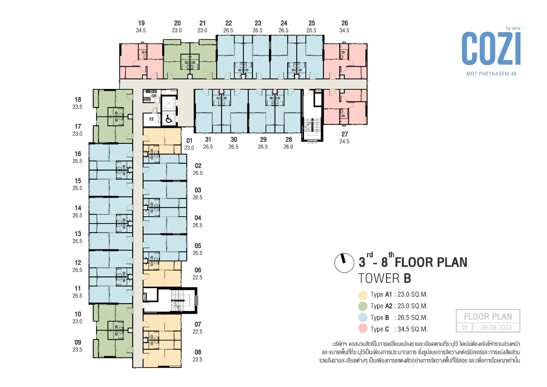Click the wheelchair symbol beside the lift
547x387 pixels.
[169, 119]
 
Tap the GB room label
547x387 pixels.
[154, 96]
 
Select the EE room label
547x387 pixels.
[152, 119]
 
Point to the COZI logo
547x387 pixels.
[491, 49]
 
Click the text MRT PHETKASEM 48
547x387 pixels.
[491, 74]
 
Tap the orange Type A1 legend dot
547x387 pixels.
[363, 295]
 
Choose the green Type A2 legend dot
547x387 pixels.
[363, 306]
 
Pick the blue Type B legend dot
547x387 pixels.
[363, 317]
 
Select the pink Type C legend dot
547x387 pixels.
[363, 329]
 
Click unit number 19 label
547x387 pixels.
[141, 23]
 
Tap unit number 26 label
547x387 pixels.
[345, 23]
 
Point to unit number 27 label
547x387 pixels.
[345, 134]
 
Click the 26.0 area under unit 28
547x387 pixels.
[288, 147]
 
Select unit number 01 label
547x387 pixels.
[189, 141]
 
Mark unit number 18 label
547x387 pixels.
[78, 100]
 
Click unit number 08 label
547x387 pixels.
[198, 352]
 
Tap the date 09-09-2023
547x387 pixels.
[496, 328]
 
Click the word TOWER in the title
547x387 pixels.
[379, 279]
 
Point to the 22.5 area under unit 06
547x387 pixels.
[198, 278]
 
